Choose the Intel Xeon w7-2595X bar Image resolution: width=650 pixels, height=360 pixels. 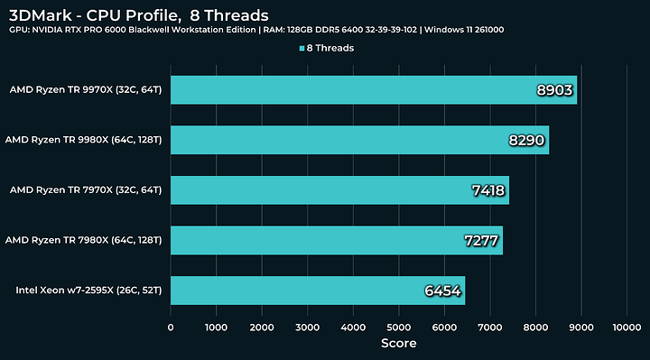click(x=317, y=291)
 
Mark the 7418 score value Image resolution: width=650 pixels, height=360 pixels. click(x=487, y=190)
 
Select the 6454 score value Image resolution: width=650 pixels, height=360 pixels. click(x=443, y=291)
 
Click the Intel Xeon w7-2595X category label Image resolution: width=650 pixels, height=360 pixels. click(x=88, y=291)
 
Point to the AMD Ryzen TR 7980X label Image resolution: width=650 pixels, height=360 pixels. click(x=83, y=240)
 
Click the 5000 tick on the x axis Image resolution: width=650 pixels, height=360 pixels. click(x=398, y=328)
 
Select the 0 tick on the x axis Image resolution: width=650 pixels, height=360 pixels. click(x=171, y=328)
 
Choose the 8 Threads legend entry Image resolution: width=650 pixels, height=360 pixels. click(x=325, y=49)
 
